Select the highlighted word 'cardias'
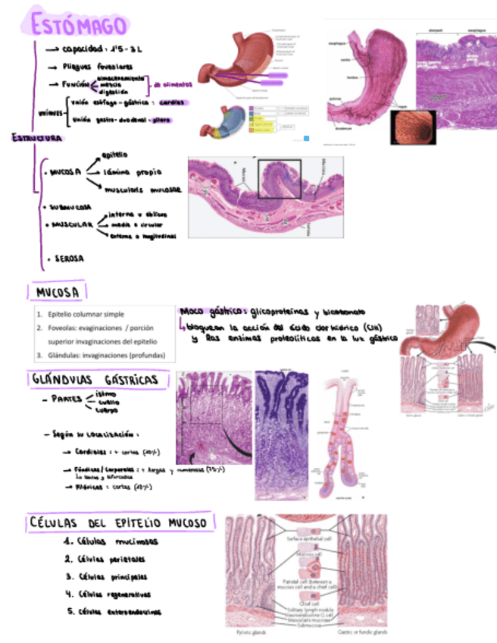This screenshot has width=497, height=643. pyautogui.click(x=173, y=102)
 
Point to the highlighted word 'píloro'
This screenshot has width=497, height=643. pyautogui.click(x=161, y=119)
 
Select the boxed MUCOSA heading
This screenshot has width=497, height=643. pyautogui.click(x=57, y=292)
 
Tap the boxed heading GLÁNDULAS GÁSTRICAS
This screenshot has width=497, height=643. pyautogui.click(x=95, y=378)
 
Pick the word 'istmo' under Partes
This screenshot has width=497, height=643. pyautogui.click(x=106, y=394)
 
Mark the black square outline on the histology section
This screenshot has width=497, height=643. pyautogui.click(x=280, y=179)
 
